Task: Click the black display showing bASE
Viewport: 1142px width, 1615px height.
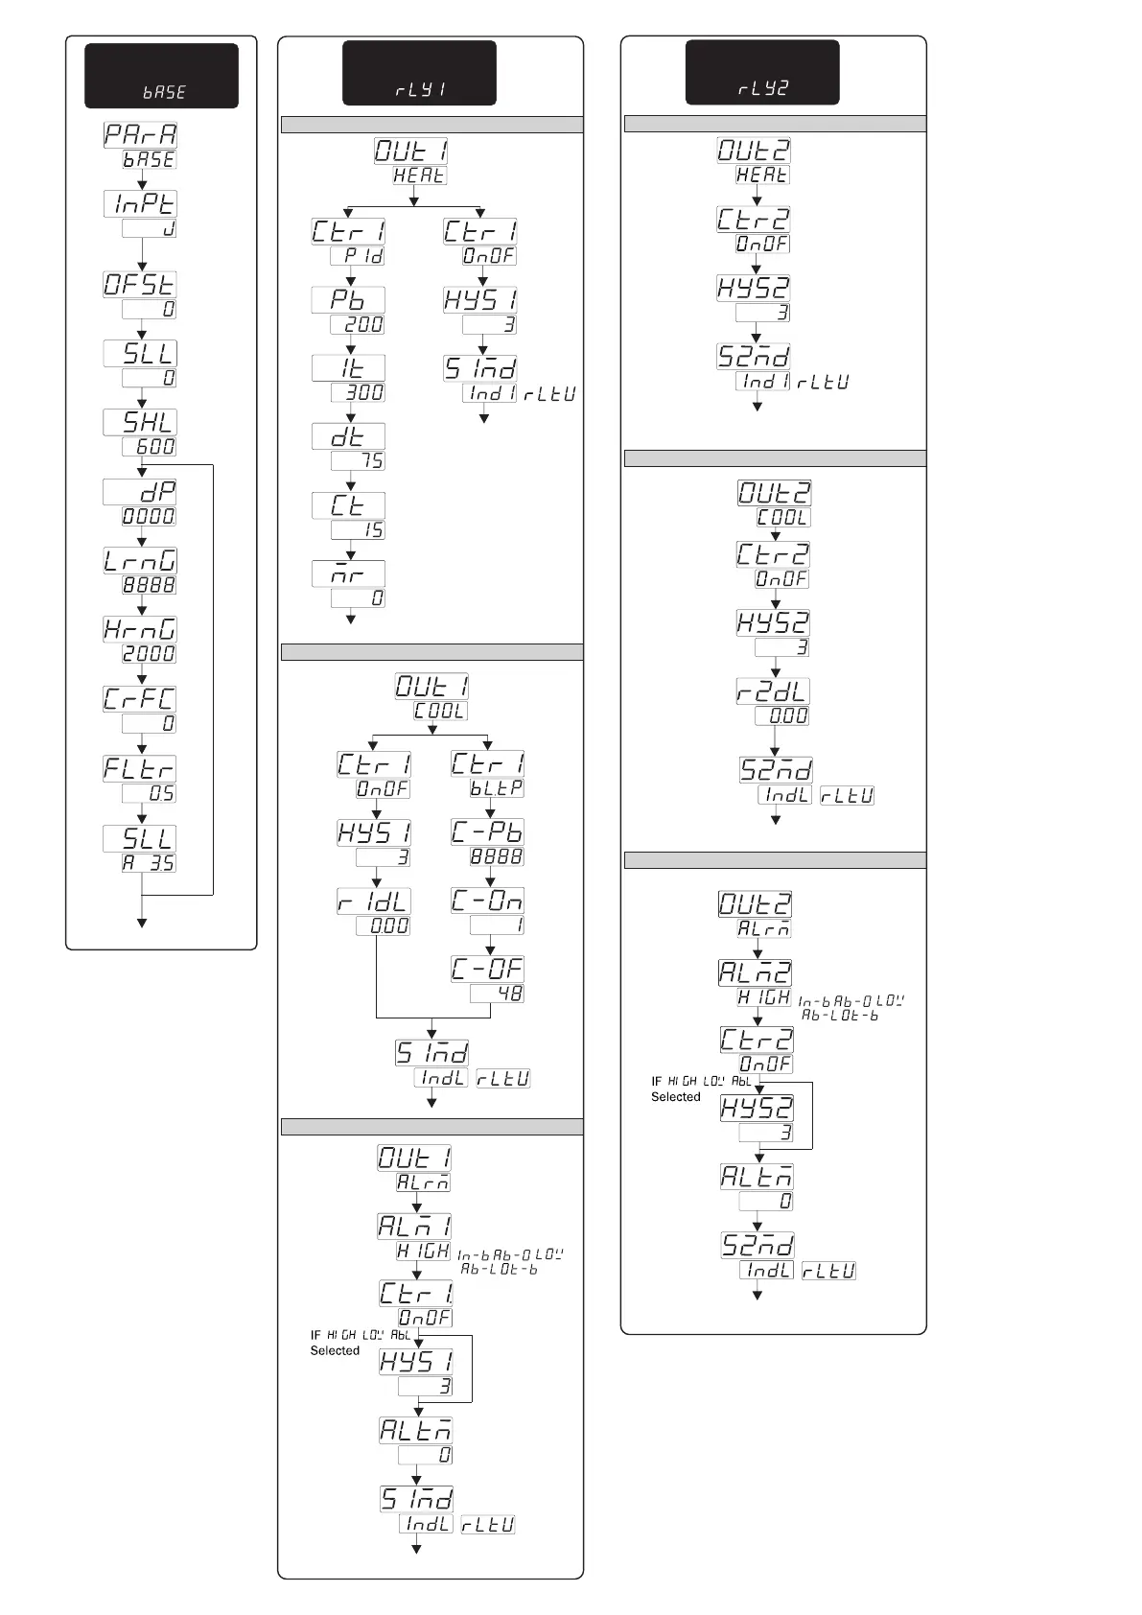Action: coord(161,76)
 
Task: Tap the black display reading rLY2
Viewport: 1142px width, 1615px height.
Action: coord(762,72)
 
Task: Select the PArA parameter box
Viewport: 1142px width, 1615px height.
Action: coord(141,134)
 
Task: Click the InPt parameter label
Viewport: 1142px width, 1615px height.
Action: coord(141,203)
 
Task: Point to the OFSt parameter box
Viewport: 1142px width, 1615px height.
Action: coord(141,284)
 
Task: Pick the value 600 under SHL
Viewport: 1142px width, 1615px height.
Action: coord(150,447)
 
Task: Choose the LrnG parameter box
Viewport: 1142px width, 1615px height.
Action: coord(141,560)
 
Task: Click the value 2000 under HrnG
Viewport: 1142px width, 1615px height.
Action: coord(150,654)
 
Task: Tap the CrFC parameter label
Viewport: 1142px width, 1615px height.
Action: coord(141,698)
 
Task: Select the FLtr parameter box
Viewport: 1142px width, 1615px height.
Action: coord(141,768)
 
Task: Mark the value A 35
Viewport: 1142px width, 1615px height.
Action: coord(150,863)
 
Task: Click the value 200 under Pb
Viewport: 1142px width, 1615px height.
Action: coord(359,325)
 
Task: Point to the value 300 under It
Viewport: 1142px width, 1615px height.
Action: coord(359,393)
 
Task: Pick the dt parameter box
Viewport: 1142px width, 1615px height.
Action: coord(348,436)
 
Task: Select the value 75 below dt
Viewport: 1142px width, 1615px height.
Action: coord(359,461)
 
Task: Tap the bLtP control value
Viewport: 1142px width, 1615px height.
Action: coord(497,788)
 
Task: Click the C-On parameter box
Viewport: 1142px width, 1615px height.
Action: coord(488,901)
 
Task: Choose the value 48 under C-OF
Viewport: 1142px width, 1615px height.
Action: coord(497,995)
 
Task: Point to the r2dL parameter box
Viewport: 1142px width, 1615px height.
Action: coord(773,691)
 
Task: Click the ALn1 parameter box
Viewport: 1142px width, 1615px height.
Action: coord(414,1226)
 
